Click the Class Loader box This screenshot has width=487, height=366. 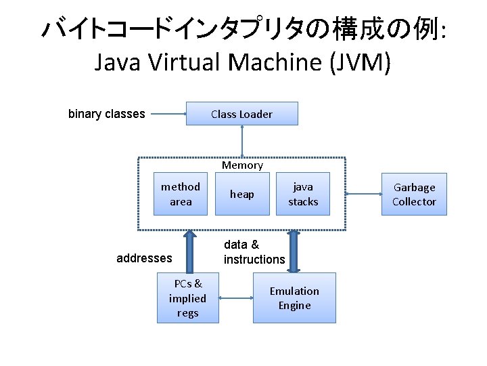tap(241, 114)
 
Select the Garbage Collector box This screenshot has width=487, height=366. tap(414, 194)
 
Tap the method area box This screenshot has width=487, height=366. tap(181, 194)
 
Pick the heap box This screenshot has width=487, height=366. tap(241, 194)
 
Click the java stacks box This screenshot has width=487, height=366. tap(302, 194)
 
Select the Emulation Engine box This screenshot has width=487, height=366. tap(294, 298)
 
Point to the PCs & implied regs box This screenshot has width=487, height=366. tap(187, 298)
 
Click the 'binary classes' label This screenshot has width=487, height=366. tap(107, 114)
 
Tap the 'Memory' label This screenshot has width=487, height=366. tap(242, 165)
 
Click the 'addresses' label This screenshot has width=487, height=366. tap(144, 258)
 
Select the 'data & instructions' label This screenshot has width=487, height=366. tap(254, 251)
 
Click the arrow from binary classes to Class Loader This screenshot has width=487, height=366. tap(168, 114)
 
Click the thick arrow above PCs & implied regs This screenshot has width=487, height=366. tap(190, 251)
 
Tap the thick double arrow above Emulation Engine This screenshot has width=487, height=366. tap(294, 251)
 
